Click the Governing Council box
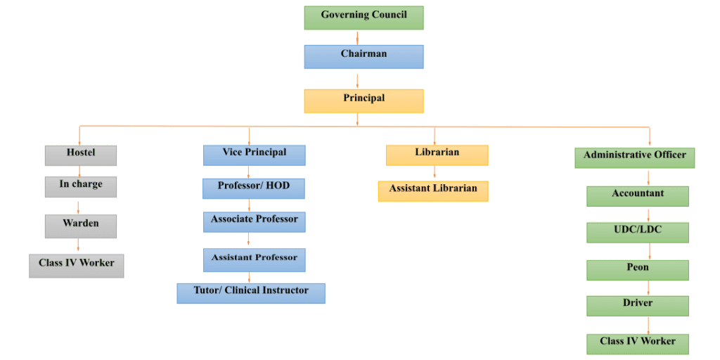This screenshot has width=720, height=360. coord(364,18)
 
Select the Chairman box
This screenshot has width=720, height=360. coord(364,56)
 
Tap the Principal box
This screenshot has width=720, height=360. coord(364,101)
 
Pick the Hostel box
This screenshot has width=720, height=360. coord(81,155)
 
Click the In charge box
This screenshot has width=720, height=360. coord(81,186)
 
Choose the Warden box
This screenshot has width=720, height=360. coord(81,226)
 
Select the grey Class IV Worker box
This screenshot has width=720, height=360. coord(77,265)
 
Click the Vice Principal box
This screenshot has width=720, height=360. coord(254,155)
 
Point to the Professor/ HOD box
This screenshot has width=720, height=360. coord(254,188)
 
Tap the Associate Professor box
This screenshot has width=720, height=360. coord(254,221)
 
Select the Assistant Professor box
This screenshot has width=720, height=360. coord(254,259)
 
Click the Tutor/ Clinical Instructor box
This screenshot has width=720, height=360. coord(251,292)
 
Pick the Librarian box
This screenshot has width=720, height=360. coord(437,155)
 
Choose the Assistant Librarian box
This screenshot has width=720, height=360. coord(433,191)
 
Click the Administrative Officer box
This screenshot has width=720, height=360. coord(635,157)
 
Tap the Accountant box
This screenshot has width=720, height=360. coord(638,195)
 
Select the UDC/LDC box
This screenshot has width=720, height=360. coord(638,232)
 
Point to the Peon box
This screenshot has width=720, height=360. coord(638,269)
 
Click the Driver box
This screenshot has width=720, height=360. coord(638,305)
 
